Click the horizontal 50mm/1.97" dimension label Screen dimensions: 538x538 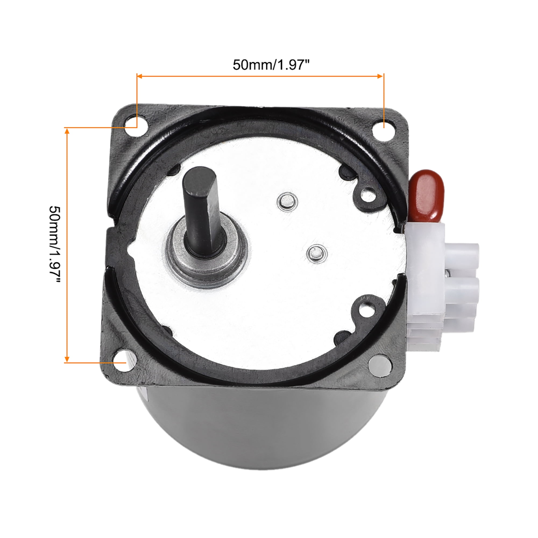(271, 65)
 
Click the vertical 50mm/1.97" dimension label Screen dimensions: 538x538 (55, 245)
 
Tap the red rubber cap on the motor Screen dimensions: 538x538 (426, 196)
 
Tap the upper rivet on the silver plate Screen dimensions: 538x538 (287, 201)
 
